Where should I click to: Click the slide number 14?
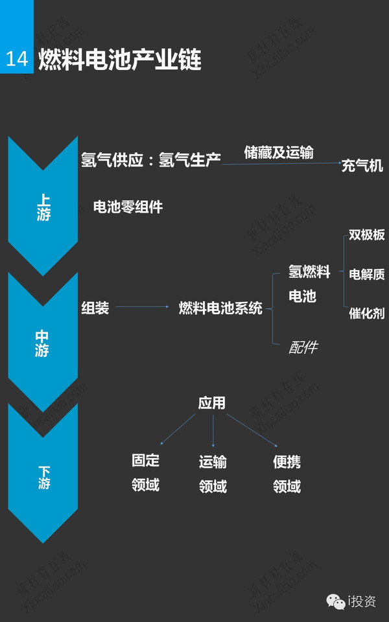coord(17,59)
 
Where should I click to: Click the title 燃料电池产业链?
coord(120,60)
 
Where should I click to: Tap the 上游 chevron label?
coord(43,207)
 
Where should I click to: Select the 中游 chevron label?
coord(42,343)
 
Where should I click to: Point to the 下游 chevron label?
coord(44,478)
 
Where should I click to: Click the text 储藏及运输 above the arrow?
coord(279,152)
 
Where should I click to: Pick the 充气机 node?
coord(362,165)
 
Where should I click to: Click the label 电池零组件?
coord(128,207)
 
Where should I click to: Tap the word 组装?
coord(95,308)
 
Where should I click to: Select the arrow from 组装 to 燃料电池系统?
coord(142,306)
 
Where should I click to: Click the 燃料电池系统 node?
coord(220,308)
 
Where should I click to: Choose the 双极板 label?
coord(367,235)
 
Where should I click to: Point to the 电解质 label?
coord(367,273)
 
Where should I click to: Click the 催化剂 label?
coord(367,313)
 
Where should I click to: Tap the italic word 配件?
coord(303,347)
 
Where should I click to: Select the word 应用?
coord(212,403)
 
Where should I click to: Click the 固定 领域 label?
coord(146,473)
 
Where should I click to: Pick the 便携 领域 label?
coord(287,474)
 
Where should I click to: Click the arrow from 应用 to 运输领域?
coord(213,431)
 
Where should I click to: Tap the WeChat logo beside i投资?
coord(336,601)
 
